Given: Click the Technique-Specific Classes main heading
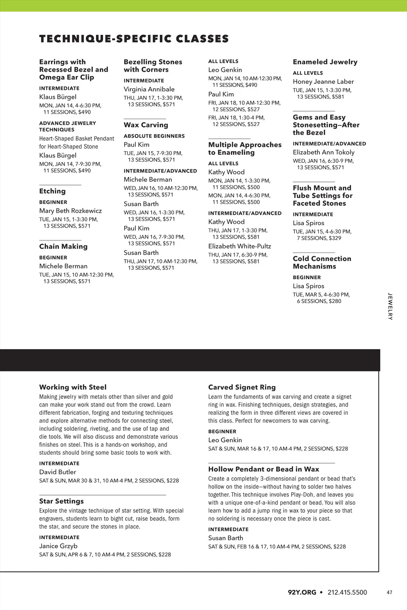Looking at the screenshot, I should (134, 39).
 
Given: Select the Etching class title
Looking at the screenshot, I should (52, 191).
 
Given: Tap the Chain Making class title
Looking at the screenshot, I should (63, 246).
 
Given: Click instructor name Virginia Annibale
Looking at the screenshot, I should (149, 89).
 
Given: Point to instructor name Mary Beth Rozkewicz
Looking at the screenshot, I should (70, 211).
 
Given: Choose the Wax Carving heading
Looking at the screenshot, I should (146, 125).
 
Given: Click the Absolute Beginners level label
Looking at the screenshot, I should (154, 136).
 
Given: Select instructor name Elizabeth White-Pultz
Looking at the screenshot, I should (239, 246).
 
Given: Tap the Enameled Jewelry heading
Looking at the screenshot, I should (325, 62).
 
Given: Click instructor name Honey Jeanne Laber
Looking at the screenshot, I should (323, 82).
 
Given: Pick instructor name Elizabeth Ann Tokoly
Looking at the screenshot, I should (324, 152).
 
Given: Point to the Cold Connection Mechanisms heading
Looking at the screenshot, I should (322, 262).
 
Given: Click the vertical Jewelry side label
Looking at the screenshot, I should (390, 306).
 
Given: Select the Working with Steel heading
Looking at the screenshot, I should (73, 387).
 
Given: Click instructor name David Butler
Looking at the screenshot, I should (57, 472).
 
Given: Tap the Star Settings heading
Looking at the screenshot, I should (61, 501).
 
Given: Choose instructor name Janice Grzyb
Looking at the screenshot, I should (58, 546).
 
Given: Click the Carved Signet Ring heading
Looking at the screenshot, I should (242, 387).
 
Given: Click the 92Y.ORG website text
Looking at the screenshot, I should (302, 592).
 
